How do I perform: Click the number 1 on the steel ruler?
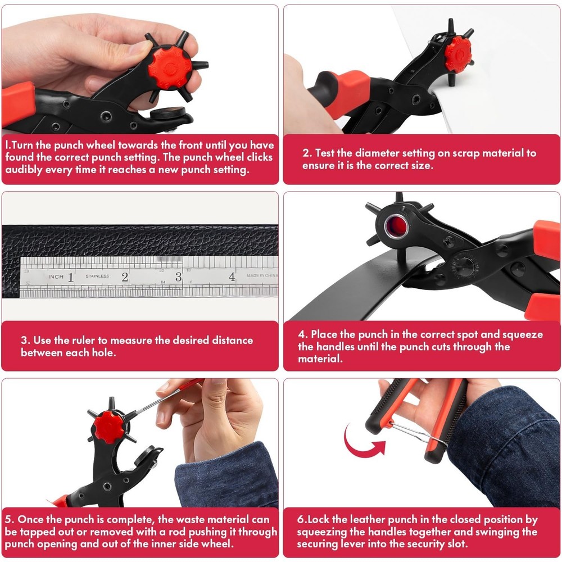pyautogui.click(x=71, y=277)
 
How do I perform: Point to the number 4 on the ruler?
pyautogui.click(x=232, y=277)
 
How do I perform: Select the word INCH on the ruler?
pyautogui.click(x=56, y=277)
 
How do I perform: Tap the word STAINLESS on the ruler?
pyautogui.click(x=97, y=276)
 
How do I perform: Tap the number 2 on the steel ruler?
pyautogui.click(x=125, y=277)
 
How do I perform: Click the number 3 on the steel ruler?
pyautogui.click(x=178, y=277)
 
